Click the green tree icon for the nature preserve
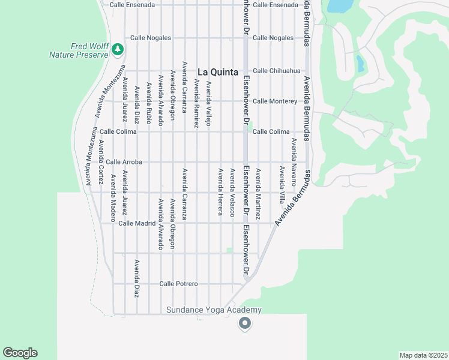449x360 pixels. point(119,49)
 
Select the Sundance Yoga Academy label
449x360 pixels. point(214,310)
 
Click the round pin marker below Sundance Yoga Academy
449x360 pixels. point(244,323)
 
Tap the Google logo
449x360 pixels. point(20,353)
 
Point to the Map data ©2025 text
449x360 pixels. point(423,355)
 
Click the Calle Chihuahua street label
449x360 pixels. point(276,71)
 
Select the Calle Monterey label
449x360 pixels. point(275,101)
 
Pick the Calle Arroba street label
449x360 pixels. point(124,162)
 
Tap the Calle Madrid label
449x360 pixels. point(137,223)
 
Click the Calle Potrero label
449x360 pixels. point(179,284)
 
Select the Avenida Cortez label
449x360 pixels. point(101,161)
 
